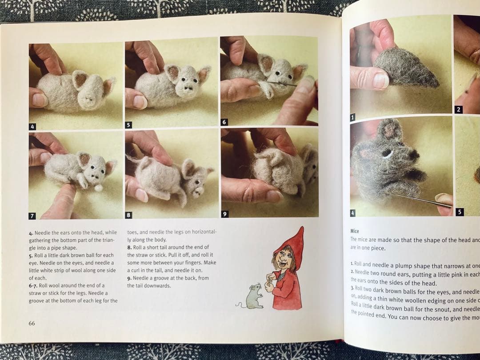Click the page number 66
32,323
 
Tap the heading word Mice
354,231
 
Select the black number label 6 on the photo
224,122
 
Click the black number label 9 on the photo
224,214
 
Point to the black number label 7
32,216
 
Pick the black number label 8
128,215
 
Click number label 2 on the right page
459,109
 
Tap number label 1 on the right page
353,117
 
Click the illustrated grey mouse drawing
253,296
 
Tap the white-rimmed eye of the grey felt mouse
388,154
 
